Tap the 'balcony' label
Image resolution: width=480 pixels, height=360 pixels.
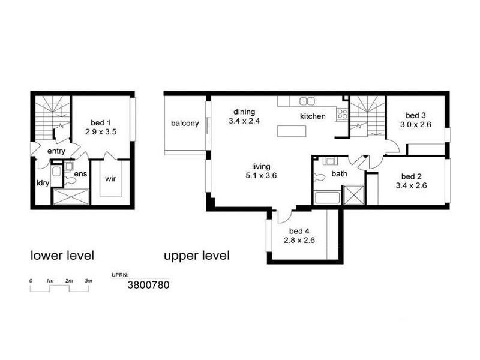click(x=185, y=123)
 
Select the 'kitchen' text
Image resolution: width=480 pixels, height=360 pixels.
click(x=313, y=116)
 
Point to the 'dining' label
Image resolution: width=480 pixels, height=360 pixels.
click(x=245, y=112)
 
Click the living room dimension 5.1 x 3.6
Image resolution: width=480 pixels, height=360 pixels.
click(x=262, y=176)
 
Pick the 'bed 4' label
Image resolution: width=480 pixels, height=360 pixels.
click(x=299, y=231)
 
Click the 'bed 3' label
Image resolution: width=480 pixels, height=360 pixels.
click(x=415, y=115)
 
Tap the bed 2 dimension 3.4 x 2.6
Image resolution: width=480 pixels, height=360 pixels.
click(x=412, y=186)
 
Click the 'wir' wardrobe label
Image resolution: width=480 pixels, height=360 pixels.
click(x=110, y=179)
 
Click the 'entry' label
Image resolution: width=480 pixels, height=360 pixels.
click(x=55, y=151)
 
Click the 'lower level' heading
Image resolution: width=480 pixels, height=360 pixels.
click(x=62, y=256)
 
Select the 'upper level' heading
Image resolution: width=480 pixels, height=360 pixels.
click(x=197, y=256)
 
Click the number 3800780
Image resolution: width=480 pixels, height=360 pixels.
click(x=149, y=286)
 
